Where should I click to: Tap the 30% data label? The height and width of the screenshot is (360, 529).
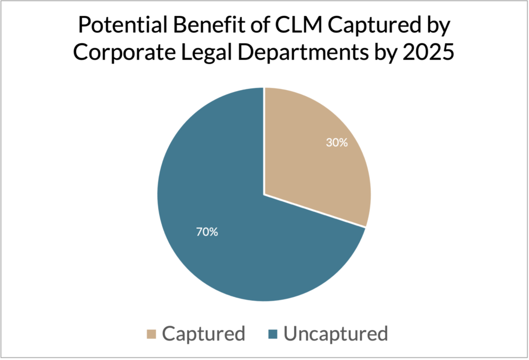pos(336,143)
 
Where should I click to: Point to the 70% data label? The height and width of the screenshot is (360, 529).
pos(207,232)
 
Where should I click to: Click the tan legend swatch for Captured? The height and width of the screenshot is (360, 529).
pos(151,334)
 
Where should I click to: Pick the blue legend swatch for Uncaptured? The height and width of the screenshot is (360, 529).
pos(272,334)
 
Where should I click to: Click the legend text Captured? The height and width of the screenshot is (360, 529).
pos(204,334)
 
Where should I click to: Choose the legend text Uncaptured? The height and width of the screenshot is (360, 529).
pos(336,334)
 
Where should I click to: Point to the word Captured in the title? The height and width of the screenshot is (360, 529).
pos(371,25)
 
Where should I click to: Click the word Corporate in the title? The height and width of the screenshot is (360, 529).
pos(124,53)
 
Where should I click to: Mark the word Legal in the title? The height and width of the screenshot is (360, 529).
pos(206,53)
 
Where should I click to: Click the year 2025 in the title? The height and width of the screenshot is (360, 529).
pos(428,53)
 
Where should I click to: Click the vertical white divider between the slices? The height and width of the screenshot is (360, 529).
pos(264,141)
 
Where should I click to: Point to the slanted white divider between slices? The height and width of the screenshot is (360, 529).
pos(315,211)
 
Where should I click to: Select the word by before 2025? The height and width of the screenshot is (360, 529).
pos(385,53)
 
